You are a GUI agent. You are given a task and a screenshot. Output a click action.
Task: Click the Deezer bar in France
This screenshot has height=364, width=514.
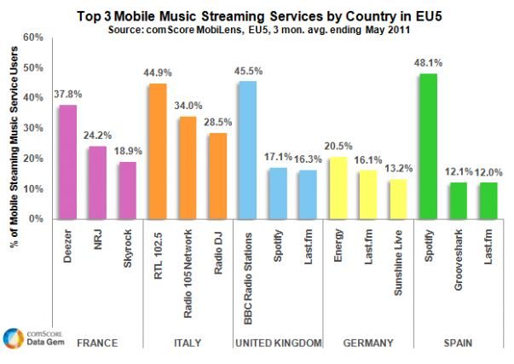pos(67,162)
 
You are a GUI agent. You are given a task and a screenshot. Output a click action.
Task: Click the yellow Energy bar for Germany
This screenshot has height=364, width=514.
pos(338,188)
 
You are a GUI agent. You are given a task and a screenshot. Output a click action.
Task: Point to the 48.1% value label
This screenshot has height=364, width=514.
pos(429,63)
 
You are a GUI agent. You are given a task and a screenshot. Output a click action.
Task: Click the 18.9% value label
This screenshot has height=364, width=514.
pos(128,152)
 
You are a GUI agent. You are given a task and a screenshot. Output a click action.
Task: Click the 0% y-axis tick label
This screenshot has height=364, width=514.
pos(35,219)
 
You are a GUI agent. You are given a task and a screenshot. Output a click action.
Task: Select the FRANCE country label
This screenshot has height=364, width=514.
pos(97,343)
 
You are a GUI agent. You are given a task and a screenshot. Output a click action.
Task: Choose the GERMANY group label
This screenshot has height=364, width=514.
pos(368,343)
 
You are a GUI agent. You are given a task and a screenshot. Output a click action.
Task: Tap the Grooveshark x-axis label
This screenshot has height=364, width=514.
pos(459,252)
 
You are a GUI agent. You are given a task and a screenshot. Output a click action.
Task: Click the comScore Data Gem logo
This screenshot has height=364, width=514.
pos(29,338)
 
